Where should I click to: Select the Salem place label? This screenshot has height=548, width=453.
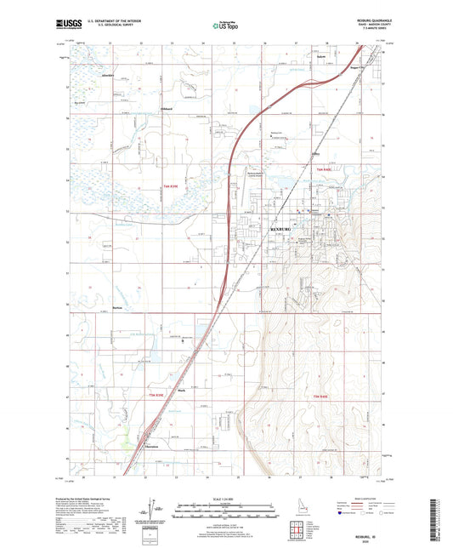tap(321, 57)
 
